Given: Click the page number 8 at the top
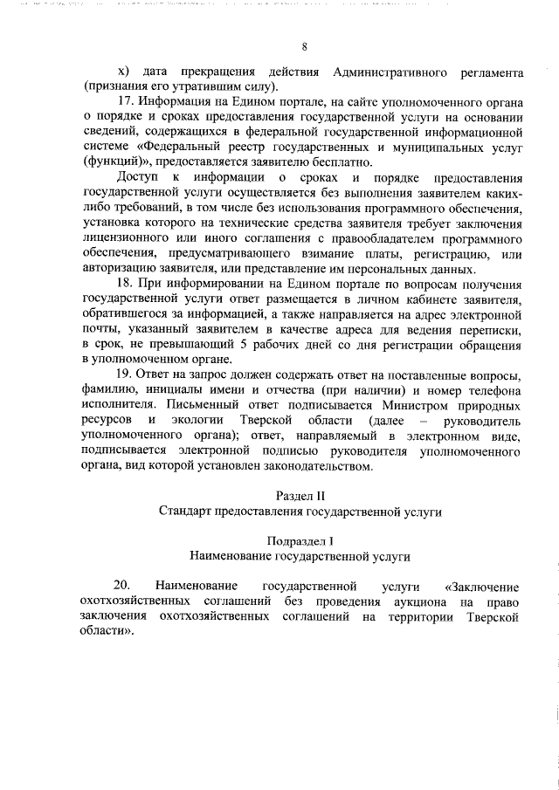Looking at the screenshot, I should tap(303, 46).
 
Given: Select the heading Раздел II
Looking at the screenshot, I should tap(303, 495).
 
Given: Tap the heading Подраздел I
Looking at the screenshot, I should tap(301, 539).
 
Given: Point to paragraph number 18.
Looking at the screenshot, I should tap(126, 284).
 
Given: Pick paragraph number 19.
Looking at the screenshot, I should tap(126, 374).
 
